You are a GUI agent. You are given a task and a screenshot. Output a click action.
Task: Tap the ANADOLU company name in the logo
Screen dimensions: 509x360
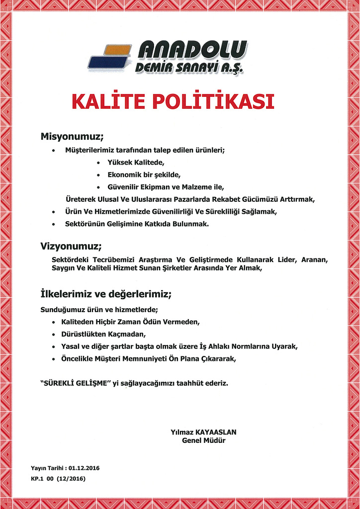193,50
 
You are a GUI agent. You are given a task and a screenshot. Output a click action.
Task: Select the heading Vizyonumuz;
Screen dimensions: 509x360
71,246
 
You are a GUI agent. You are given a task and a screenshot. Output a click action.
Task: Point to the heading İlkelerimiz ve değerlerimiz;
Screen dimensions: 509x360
106,294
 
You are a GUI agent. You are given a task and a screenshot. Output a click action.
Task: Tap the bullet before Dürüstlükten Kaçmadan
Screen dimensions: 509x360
53,334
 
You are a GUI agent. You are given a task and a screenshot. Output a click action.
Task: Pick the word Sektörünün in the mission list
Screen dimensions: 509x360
84,224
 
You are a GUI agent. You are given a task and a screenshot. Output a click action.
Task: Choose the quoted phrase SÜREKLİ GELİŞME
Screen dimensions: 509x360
75,383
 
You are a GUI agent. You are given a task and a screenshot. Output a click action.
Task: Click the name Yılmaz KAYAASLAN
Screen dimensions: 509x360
203,432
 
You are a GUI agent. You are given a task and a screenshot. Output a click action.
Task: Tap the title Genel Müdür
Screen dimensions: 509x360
204,440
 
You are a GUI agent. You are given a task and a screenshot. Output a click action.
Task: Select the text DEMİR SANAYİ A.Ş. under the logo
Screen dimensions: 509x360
189,67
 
